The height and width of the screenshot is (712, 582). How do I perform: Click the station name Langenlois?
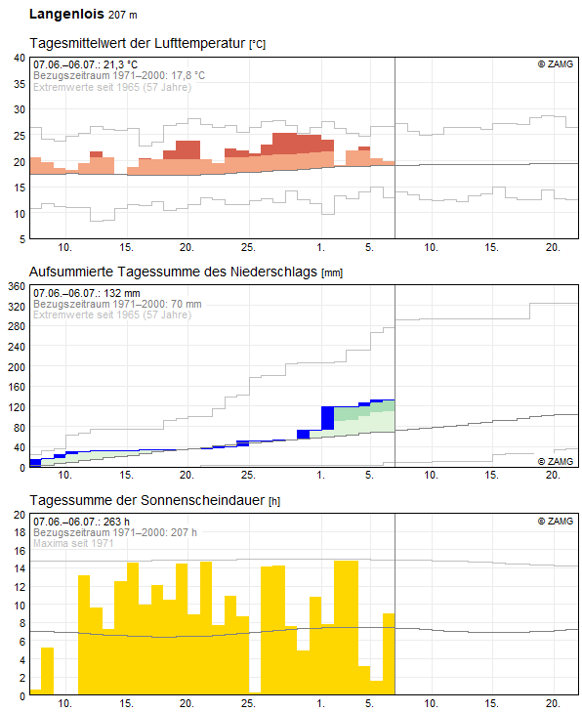pos(66,14)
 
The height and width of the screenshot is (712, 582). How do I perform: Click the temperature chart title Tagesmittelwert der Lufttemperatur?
pos(138,43)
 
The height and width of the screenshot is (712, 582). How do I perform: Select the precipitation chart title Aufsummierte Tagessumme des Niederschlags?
pos(174,272)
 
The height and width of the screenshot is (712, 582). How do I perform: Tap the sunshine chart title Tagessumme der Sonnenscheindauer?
pos(148,500)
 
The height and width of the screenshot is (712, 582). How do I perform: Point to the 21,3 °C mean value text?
pos(120,64)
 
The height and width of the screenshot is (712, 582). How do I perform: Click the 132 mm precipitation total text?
pos(122,293)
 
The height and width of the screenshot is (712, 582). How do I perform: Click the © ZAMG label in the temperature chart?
pos(556,64)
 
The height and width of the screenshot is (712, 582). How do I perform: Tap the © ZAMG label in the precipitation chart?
pos(556,461)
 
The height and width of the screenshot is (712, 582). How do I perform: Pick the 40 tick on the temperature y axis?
pos(20,58)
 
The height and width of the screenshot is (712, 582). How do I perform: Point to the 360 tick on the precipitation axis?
pos(17,286)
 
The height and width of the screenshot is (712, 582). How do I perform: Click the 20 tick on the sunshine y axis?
pos(20,515)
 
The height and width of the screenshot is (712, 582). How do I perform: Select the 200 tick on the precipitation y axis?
pos(17,367)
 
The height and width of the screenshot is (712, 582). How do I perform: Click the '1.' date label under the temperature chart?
pos(321,247)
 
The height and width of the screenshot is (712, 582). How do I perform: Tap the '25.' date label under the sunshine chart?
pos(248,703)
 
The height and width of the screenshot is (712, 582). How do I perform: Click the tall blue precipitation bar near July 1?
pos(328,418)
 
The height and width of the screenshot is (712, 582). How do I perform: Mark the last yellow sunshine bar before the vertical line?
pos(389,653)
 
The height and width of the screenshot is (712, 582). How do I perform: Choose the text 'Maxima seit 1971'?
pos(73,543)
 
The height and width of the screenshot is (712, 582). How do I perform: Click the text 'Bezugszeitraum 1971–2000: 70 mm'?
pos(117,304)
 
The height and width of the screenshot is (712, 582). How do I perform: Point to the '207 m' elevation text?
pos(123,15)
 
